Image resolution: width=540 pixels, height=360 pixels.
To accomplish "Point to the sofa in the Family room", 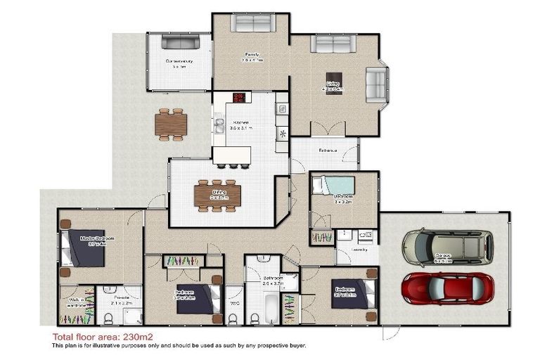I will pos(252,24).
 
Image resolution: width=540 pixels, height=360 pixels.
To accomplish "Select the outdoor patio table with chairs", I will pos(172,124).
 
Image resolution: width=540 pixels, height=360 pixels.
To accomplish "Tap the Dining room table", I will pos(217,194).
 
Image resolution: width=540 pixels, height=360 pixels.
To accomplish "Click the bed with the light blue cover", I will pos(333,186).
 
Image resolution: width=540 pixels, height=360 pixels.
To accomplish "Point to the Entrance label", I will pos(328,150).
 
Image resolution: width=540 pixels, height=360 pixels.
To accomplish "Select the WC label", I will pos(233,305).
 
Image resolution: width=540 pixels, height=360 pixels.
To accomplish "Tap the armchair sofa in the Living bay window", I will pos(375,86).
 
